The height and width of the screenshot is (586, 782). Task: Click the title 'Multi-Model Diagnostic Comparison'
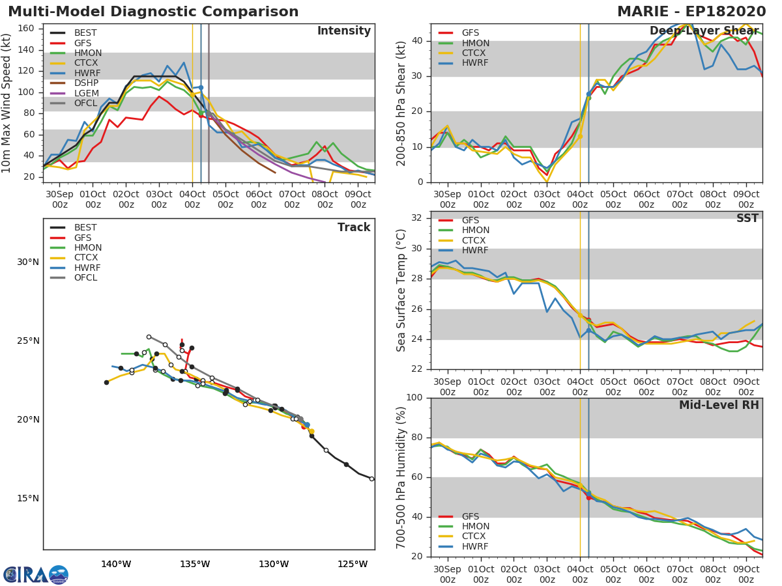(153, 12)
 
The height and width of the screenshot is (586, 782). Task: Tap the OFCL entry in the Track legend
(85, 277)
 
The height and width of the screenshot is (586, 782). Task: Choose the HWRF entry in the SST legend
(475, 251)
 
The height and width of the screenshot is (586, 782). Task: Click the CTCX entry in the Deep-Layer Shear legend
(475, 53)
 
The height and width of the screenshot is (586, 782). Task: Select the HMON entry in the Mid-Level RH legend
(475, 527)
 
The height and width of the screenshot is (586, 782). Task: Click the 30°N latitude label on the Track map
(28, 262)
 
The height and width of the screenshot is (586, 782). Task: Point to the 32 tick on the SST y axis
(417, 218)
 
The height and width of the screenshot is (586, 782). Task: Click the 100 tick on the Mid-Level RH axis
(414, 398)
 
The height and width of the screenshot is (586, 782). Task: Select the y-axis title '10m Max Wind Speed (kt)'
(7, 103)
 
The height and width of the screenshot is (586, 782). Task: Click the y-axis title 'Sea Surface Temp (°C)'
(401, 290)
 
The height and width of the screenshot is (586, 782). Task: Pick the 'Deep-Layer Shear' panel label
(704, 31)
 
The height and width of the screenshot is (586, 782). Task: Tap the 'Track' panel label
(354, 228)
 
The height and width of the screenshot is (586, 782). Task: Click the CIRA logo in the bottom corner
(36, 574)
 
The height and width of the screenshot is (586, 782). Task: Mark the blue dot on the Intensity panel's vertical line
(201, 87)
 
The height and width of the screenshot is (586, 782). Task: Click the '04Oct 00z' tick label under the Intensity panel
(192, 199)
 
